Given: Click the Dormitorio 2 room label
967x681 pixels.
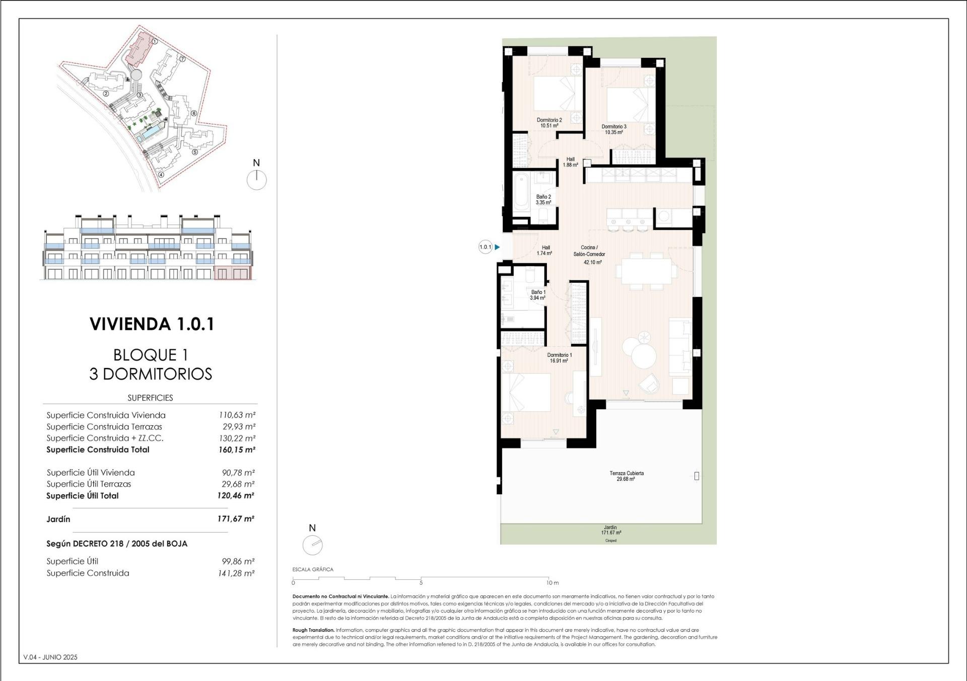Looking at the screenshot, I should point(549,123).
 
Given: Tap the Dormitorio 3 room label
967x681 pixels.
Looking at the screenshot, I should point(614,129).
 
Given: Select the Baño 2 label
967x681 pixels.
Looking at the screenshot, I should point(543,200).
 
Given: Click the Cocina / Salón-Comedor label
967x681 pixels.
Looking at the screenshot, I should point(590,254).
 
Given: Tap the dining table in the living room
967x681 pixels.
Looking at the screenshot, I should point(647,271).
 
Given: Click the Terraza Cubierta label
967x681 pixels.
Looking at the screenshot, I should point(626,476).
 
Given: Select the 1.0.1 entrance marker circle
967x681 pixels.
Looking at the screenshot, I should point(485,247).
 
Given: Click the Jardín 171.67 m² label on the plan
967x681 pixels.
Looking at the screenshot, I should point(610,530).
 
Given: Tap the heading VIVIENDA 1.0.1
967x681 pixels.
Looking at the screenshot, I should point(152,324).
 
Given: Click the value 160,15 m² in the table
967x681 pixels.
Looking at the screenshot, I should point(237,449).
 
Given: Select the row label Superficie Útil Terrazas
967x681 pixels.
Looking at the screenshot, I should point(89,484).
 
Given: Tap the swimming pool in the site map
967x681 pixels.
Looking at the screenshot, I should point(150,134).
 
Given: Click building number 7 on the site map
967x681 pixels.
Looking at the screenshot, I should point(182,59).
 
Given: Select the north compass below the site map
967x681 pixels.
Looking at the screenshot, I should point(256,179).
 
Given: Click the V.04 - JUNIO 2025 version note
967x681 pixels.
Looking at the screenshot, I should point(50,657).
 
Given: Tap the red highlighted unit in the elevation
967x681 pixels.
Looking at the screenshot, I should point(233,273).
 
